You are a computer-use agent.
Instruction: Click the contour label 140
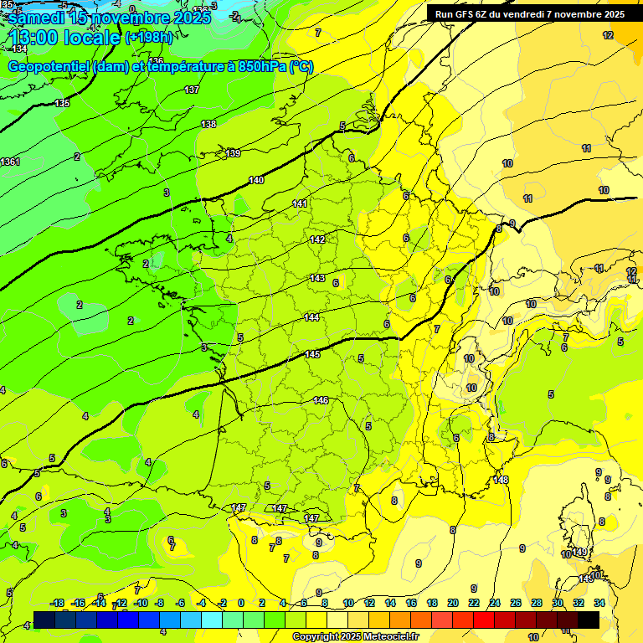point(256,181)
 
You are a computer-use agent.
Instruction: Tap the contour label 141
point(301,204)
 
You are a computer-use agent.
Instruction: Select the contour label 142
point(317,240)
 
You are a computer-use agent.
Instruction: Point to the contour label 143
point(317,278)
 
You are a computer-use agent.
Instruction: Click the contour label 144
point(311,317)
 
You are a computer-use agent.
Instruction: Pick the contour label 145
point(312,355)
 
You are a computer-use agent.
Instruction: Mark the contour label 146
point(321,401)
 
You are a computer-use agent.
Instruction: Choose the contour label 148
point(501,480)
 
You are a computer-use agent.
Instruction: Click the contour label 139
point(233,153)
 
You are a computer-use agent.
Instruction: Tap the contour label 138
point(208,124)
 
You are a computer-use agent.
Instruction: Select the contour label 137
point(192,90)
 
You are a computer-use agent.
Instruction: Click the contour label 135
point(62,103)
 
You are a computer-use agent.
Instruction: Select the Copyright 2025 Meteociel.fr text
point(354,636)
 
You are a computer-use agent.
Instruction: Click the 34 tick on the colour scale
point(599,603)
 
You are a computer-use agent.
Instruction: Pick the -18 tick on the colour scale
point(58,603)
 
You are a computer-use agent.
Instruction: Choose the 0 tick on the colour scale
point(241,603)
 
